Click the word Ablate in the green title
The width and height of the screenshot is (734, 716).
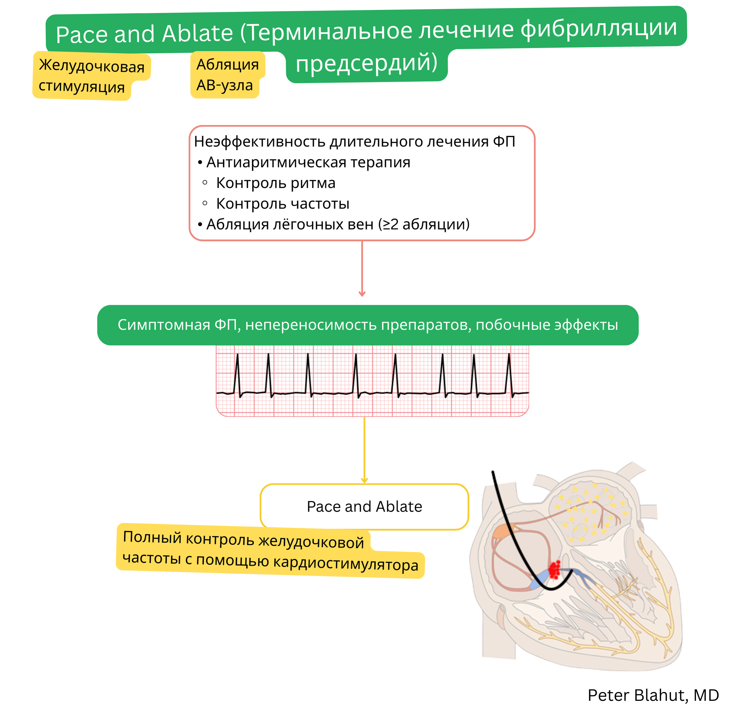[198, 33]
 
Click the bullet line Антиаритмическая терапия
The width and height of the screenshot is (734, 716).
[308, 162]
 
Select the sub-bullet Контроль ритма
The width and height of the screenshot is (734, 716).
[275, 183]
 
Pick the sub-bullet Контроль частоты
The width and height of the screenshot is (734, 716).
[282, 204]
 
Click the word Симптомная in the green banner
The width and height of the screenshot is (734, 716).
[164, 325]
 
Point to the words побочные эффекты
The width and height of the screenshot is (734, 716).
[547, 325]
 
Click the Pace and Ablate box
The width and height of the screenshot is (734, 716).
[364, 506]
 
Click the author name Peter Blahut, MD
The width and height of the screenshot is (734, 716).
[653, 696]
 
